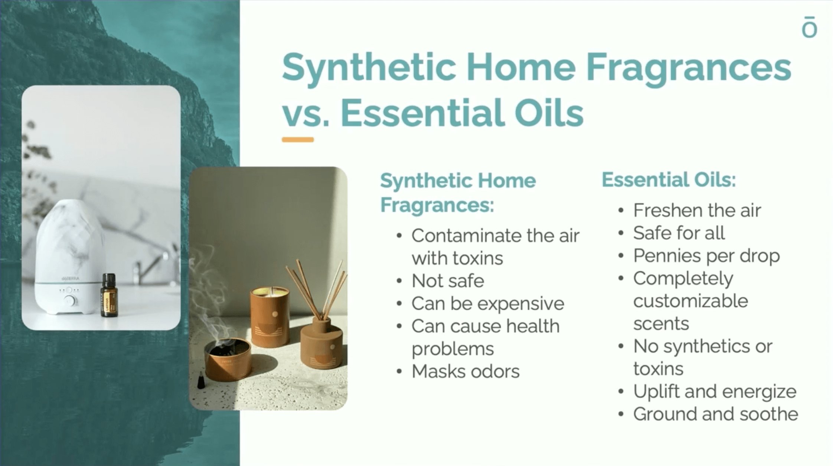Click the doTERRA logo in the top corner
809,27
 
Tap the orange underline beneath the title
298,140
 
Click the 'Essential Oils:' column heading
669,180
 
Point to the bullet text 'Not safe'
448,281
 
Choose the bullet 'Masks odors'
465,371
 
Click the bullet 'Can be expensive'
488,303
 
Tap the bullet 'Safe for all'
679,233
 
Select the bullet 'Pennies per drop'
706,256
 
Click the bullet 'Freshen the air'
697,210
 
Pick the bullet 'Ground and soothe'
716,414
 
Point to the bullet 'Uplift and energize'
715,392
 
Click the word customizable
690,301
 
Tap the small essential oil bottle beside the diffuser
109,295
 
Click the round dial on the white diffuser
70,301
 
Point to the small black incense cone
201,380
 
